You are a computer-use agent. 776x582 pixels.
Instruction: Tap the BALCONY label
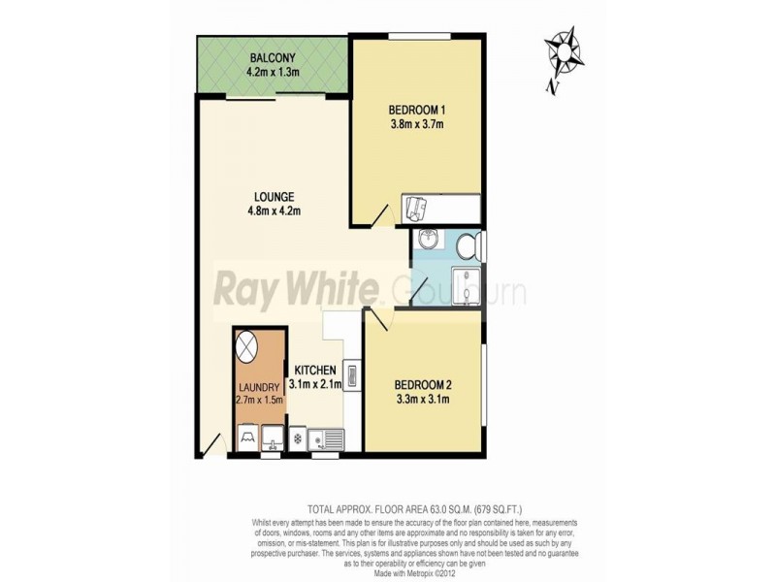273,55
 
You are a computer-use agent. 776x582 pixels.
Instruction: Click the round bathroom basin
429,242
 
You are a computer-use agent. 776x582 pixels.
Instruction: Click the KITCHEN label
315,370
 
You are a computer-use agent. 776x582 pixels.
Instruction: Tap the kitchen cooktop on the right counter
350,375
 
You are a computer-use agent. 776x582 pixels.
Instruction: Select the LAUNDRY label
257,387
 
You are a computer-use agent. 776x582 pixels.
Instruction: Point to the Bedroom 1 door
379,214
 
